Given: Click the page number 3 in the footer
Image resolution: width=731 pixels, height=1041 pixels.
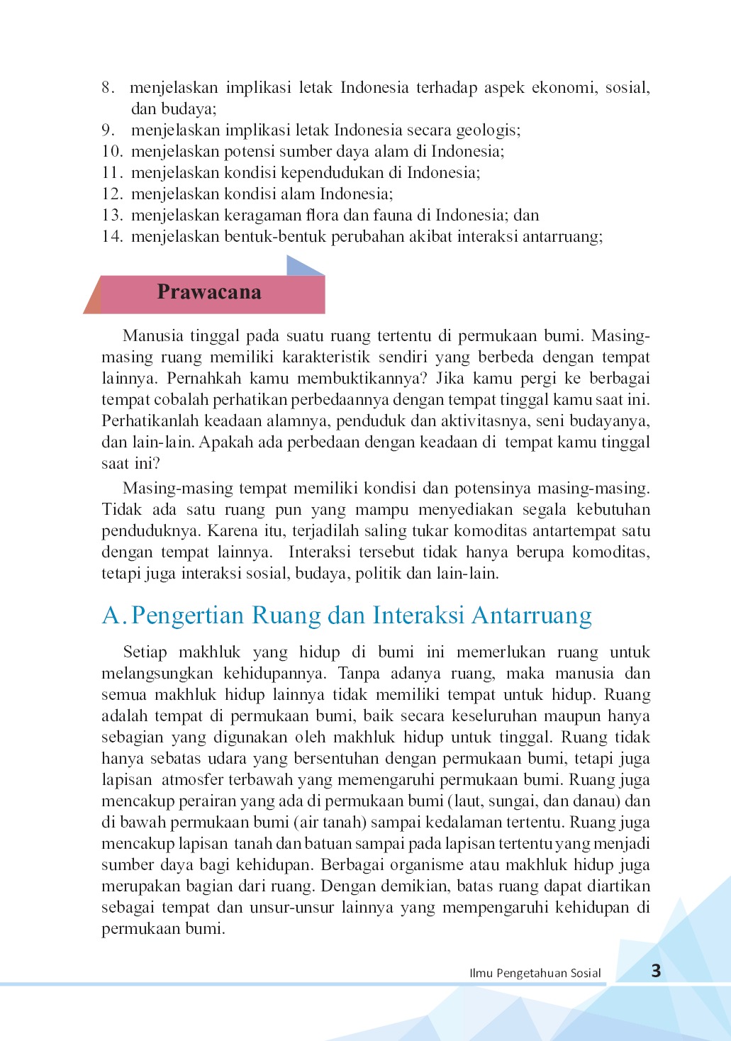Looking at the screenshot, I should click(x=656, y=971).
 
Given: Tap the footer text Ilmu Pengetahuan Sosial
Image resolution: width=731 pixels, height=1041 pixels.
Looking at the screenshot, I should click(x=535, y=973).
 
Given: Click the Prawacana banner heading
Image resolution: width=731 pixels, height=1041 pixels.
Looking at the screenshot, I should click(x=209, y=292).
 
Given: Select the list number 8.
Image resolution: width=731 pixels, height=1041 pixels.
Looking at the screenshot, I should click(x=108, y=87).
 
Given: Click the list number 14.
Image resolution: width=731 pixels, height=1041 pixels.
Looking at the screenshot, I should click(x=112, y=236).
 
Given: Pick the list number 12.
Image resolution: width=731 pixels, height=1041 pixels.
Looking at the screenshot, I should click(x=112, y=194).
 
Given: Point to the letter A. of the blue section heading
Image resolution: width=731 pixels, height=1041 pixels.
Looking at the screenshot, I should click(x=114, y=616).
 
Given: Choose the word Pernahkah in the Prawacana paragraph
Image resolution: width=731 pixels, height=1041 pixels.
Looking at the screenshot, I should click(x=205, y=378).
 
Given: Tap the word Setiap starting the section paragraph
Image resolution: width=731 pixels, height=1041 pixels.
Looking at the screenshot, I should click(x=145, y=652).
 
